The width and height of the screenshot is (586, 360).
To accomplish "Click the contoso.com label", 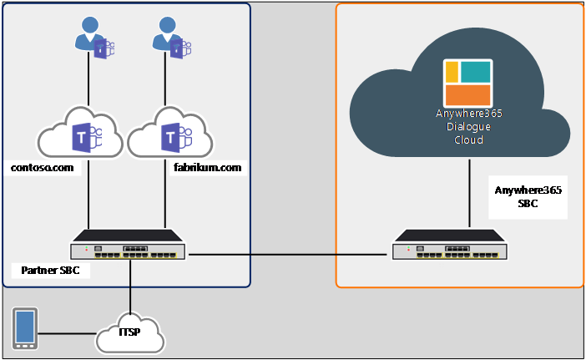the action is click(x=43, y=168).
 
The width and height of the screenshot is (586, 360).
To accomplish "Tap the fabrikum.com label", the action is click(x=207, y=167).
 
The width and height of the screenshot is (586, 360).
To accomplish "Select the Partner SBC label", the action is click(x=50, y=271).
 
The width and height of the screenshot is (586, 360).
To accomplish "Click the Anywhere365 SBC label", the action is click(x=528, y=196).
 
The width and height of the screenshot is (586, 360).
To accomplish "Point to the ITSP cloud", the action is click(x=130, y=332).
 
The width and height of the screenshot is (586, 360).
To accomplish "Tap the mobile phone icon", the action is click(x=25, y=328).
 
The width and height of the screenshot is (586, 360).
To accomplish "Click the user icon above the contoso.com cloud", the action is click(x=94, y=38).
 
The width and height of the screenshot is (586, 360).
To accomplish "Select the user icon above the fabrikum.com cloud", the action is click(x=171, y=38).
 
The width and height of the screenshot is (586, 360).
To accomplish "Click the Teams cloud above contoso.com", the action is click(x=80, y=133).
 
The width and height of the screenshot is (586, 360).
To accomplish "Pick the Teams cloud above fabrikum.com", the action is click(x=170, y=133).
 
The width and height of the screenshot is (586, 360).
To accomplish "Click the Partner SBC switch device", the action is click(x=128, y=245).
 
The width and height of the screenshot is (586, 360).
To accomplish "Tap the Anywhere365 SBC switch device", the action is click(x=450, y=245).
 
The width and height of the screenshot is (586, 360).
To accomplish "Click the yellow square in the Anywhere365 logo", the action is click(x=452, y=72).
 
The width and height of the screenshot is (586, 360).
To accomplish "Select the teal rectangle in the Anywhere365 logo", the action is click(x=475, y=72).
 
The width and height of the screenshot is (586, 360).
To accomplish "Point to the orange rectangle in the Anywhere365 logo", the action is click(x=468, y=95).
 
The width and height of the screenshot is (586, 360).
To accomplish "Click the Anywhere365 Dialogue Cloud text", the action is click(x=468, y=126).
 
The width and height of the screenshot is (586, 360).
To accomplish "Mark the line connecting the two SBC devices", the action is click(x=288, y=255).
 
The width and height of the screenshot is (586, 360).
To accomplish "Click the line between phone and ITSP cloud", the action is click(x=68, y=333).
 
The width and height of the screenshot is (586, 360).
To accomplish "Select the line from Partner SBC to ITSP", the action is click(x=130, y=286).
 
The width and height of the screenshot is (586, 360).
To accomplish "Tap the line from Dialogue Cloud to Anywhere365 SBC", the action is click(x=469, y=194).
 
